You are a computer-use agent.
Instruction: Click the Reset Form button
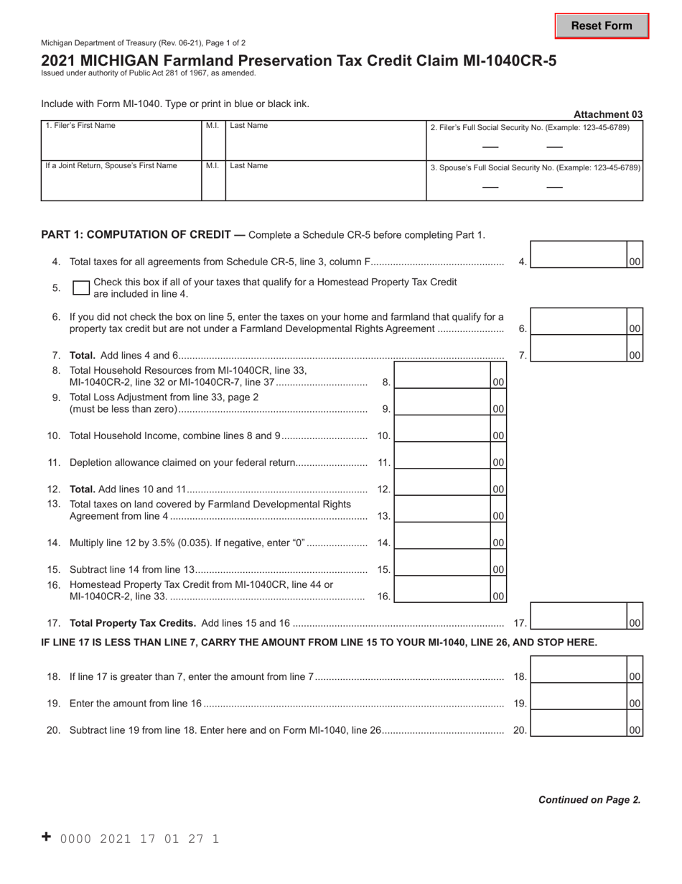[x=602, y=26]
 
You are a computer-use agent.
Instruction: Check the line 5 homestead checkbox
[x=81, y=288]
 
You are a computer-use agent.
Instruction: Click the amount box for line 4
[x=579, y=256]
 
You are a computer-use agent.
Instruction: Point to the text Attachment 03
[x=607, y=114]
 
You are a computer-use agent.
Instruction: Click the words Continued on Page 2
[x=589, y=799]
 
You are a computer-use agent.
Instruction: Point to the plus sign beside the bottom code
[x=47, y=837]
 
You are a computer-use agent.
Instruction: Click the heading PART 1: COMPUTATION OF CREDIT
[x=136, y=234]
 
